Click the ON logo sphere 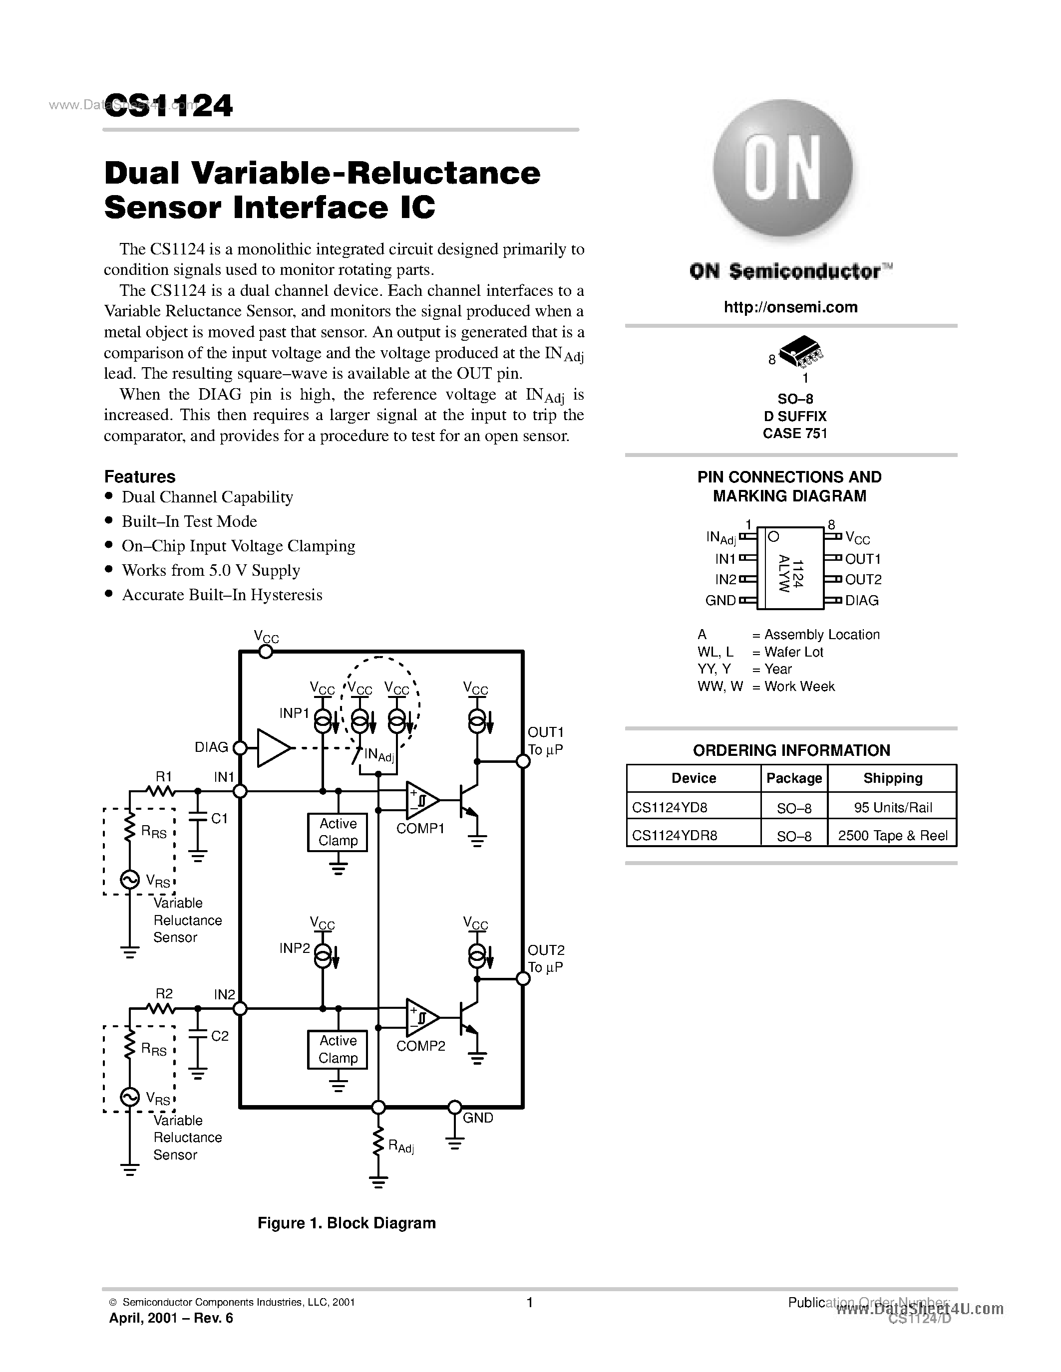click(782, 168)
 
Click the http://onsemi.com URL click(790, 307)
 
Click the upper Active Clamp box click(338, 832)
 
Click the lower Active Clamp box click(338, 1049)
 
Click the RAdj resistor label click(401, 1146)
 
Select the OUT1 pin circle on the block click(522, 761)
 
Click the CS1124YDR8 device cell click(675, 835)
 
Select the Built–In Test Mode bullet click(189, 521)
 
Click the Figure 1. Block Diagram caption click(347, 1222)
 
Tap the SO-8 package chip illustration click(799, 350)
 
